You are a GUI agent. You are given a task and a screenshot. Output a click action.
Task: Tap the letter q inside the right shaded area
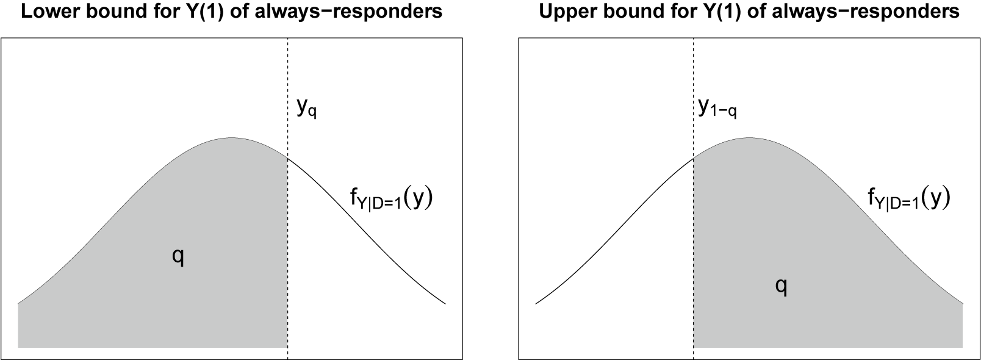coord(780,286)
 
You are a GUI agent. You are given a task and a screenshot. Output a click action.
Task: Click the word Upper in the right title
coord(563,12)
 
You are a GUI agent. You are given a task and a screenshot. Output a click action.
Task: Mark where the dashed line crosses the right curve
coord(694,158)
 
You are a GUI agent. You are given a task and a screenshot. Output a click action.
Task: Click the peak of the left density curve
coord(231,137)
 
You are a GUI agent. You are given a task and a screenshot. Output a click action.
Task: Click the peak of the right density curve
coord(749,137)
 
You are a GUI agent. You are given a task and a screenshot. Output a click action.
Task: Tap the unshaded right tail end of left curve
coord(445,303)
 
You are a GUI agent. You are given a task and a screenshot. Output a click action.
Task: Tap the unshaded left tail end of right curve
coord(537,303)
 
